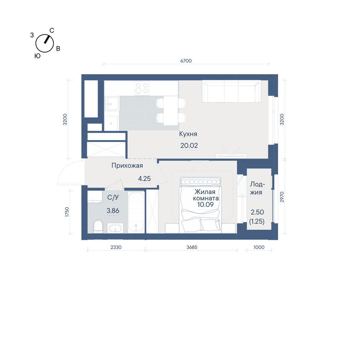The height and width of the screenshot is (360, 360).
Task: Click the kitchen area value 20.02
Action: pyautogui.click(x=189, y=145)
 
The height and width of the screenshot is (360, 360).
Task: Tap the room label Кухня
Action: pyautogui.click(x=188, y=134)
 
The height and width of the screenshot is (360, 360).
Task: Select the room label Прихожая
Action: pyautogui.click(x=127, y=166)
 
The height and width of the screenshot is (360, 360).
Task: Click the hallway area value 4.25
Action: pyautogui.click(x=144, y=179)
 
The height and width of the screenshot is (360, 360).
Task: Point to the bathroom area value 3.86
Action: pyautogui.click(x=113, y=211)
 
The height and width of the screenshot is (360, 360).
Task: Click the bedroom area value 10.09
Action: pyautogui.click(x=206, y=204)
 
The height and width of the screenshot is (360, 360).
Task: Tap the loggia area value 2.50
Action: pyautogui.click(x=257, y=212)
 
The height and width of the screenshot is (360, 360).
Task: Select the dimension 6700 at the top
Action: pyautogui.click(x=186, y=61)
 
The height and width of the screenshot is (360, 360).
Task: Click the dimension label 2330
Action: pyautogui.click(x=116, y=247)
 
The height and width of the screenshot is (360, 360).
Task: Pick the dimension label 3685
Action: pyautogui.click(x=192, y=247)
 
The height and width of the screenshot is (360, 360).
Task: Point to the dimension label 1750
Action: pyautogui.click(x=67, y=212)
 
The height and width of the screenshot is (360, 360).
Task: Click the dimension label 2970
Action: pyautogui.click(x=282, y=197)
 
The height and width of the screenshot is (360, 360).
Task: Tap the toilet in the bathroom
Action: pyautogui.click(x=98, y=226)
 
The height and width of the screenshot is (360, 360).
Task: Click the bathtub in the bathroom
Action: pyautogui.click(x=136, y=211)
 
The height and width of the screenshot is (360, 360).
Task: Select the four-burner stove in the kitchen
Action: pyautogui.click(x=142, y=88)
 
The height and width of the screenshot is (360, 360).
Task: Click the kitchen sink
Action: pyautogui.click(x=112, y=104)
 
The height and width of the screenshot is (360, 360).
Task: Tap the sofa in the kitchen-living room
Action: pyautogui.click(x=231, y=91)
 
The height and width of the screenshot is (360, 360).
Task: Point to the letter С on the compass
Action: pyautogui.click(x=52, y=31)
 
